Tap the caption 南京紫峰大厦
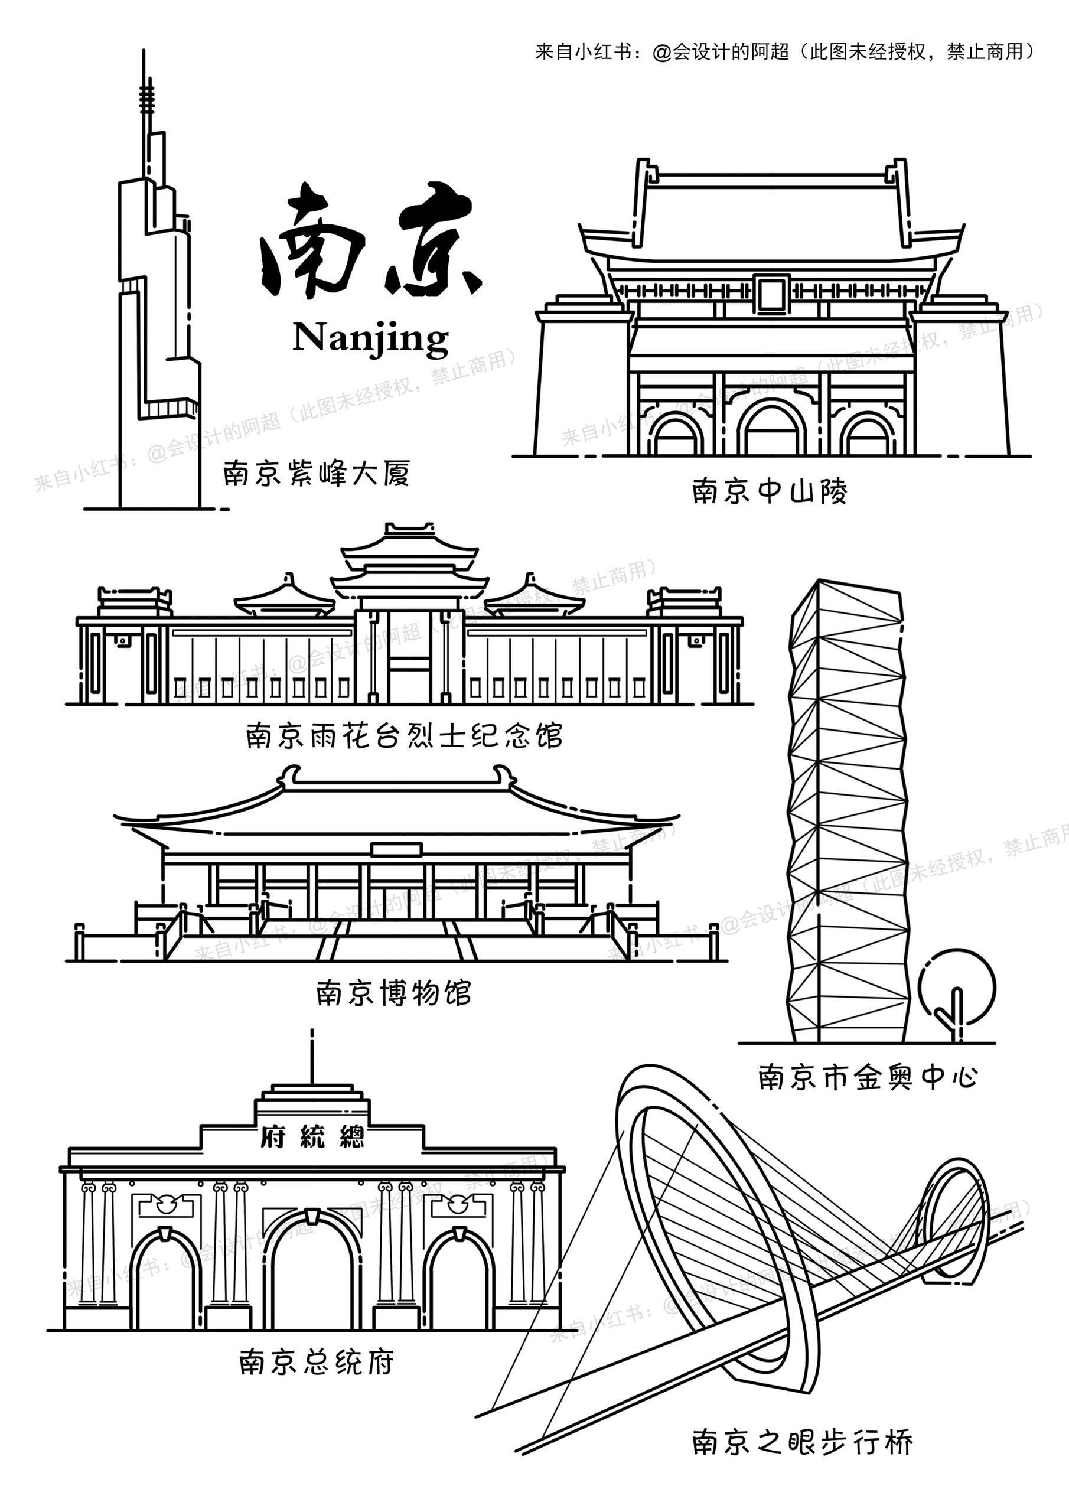tap(316, 473)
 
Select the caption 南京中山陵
tap(770, 491)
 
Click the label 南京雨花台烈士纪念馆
tap(405, 735)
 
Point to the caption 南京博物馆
tap(394, 993)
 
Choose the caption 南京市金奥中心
tap(868, 1077)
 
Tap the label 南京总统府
tap(316, 1363)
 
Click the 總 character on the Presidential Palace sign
tap(352, 1138)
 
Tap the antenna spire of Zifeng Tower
tap(144, 99)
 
